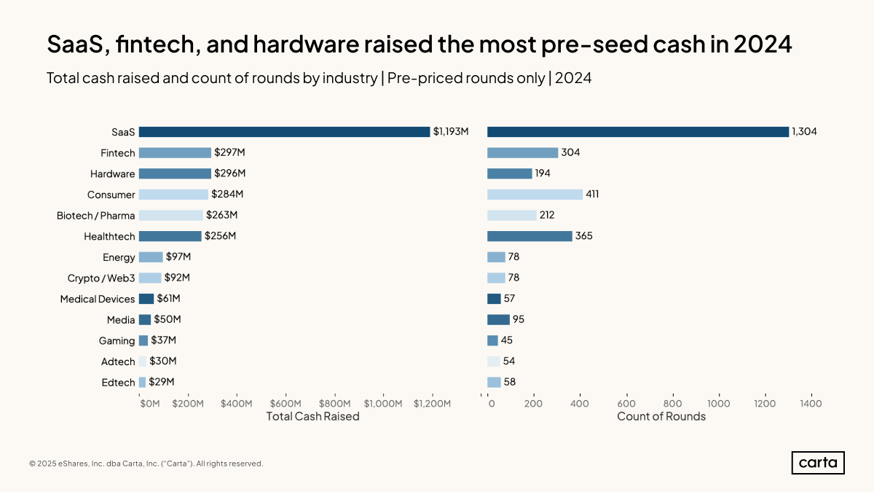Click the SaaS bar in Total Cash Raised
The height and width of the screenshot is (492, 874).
pos(284,132)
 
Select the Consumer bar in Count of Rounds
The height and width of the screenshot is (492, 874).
pos(535,195)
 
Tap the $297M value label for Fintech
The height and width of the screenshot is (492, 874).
pos(230,153)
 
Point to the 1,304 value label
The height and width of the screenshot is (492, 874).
pos(805,132)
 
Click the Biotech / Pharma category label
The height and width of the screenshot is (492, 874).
pos(95,216)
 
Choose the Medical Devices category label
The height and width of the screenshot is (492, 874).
pos(98,299)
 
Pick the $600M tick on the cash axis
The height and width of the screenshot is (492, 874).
pos(285,404)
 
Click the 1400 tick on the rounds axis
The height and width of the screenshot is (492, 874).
pos(811,404)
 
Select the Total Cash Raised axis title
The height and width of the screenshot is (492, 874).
pos(312,417)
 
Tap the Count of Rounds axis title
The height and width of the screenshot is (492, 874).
pos(661,417)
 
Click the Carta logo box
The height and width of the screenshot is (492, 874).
pos(818,463)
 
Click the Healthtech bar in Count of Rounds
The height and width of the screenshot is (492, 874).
pos(529,236)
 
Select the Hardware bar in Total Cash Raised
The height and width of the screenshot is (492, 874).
pos(175,173)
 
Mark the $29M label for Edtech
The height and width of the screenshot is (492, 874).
pos(162,382)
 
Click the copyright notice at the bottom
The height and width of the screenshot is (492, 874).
pos(146,464)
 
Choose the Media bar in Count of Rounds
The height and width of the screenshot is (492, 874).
pos(498,319)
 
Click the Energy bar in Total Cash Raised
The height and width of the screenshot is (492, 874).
pos(151,257)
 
